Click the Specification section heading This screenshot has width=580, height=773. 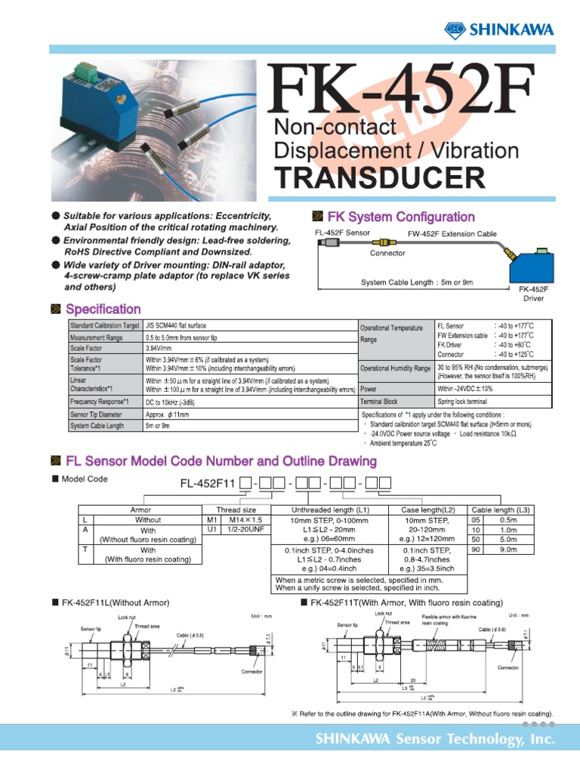point(103,309)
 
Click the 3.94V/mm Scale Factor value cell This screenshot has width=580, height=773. point(158,350)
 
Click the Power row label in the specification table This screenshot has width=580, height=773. point(369,389)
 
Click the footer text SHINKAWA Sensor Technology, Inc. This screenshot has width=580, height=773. point(434,741)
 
